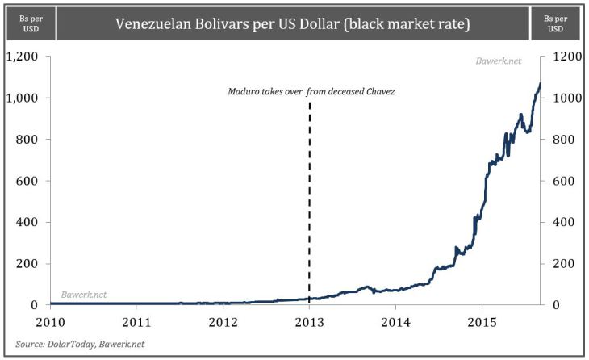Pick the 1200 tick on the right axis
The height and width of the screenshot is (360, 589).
(562, 57)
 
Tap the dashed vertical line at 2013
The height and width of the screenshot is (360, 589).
(309, 202)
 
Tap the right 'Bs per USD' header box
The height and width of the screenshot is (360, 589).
(559, 23)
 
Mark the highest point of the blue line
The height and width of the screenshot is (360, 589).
(540, 83)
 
